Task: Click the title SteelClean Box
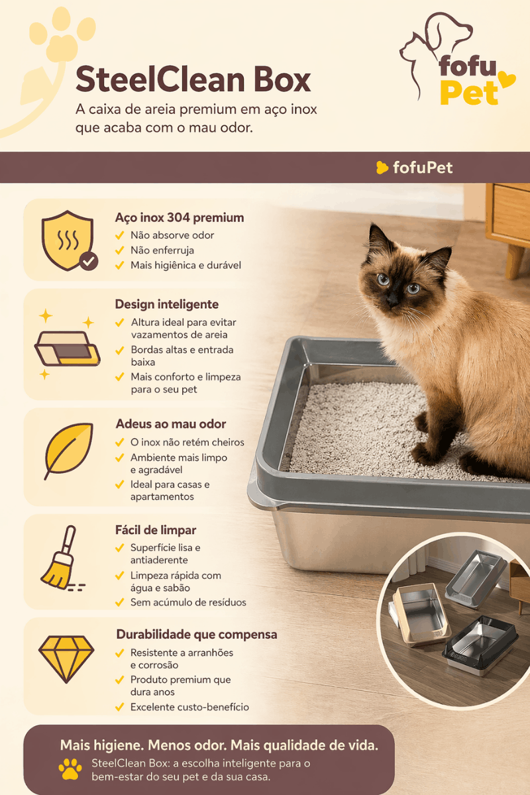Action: (193, 79)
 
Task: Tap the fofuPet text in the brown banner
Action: (423, 168)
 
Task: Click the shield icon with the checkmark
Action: (69, 240)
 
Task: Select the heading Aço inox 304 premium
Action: (180, 217)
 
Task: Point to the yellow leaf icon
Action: (68, 450)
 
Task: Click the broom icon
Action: (62, 558)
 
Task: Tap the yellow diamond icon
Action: (66, 659)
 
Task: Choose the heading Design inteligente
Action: (166, 304)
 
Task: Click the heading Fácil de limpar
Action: (156, 530)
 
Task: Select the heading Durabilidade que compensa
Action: (196, 634)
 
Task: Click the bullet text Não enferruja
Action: (162, 250)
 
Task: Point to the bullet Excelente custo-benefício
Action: (189, 707)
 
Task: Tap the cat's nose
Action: (393, 302)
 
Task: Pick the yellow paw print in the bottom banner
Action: (70, 769)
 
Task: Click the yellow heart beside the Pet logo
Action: (506, 79)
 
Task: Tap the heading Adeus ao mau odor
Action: (171, 424)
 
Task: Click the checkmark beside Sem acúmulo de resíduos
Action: (120, 602)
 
